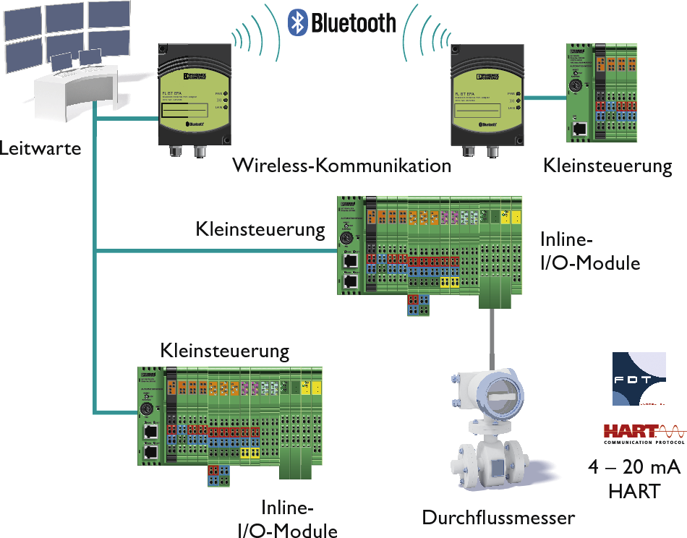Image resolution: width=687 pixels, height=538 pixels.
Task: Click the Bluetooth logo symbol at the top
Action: [x=297, y=22]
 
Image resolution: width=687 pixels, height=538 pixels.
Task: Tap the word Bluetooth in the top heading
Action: [x=354, y=22]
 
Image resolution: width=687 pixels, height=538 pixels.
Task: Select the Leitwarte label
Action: [x=40, y=149]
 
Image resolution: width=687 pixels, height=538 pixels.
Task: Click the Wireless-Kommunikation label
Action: [x=341, y=166]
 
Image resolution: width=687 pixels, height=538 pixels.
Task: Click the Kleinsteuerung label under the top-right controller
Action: [x=607, y=166]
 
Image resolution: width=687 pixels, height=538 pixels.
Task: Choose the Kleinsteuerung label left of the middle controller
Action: [x=260, y=230]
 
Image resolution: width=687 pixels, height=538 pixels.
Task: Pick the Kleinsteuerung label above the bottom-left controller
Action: [x=224, y=351]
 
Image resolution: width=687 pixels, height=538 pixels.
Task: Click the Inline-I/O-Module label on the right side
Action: [x=590, y=251]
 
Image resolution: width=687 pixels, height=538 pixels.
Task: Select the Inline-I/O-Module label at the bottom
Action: [x=288, y=518]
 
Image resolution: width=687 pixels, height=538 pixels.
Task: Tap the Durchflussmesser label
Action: [x=498, y=518]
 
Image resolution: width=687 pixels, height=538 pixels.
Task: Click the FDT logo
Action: [x=639, y=378]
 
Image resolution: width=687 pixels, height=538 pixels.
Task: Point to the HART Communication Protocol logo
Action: [x=644, y=433]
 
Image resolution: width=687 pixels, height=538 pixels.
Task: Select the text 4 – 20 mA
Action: [x=634, y=468]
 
